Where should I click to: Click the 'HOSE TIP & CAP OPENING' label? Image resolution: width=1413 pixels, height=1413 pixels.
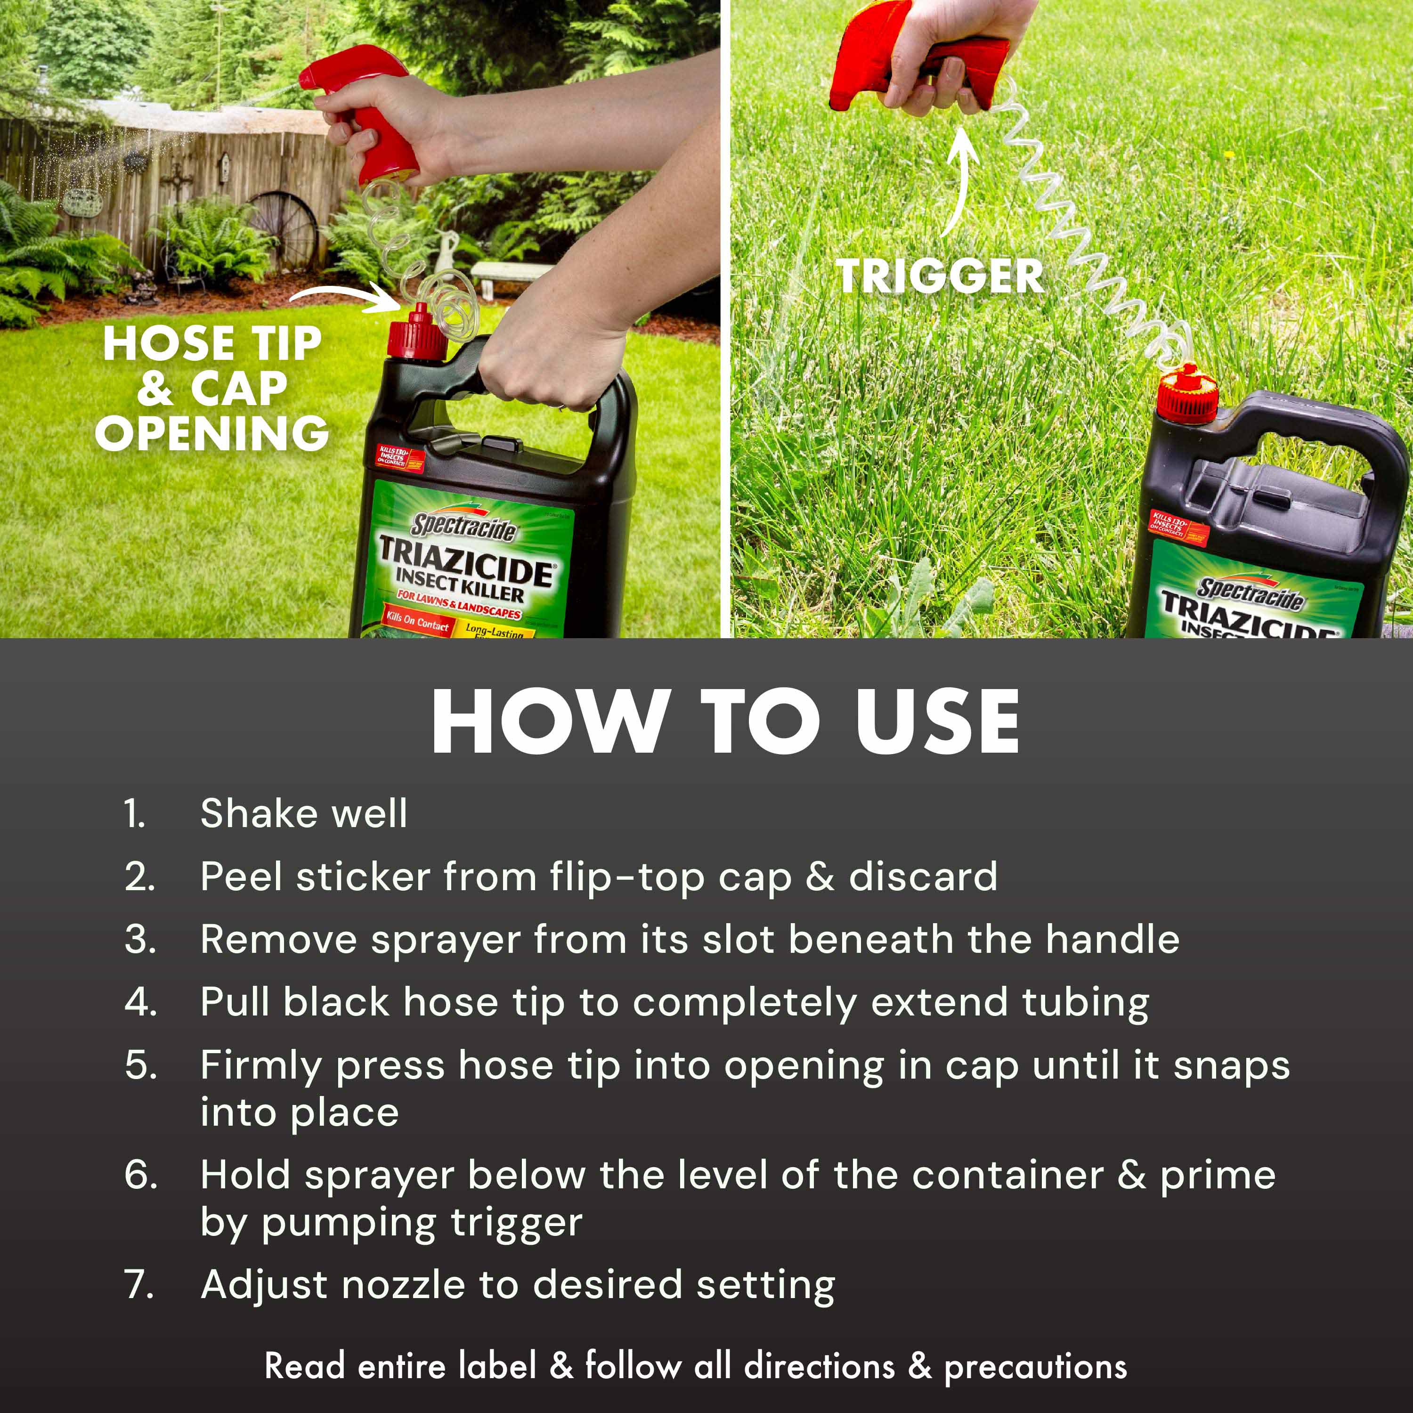pyautogui.click(x=211, y=389)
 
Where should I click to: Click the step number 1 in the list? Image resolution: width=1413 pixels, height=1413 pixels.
pyautogui.click(x=135, y=814)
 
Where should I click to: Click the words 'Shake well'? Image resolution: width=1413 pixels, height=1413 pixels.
pyautogui.click(x=303, y=814)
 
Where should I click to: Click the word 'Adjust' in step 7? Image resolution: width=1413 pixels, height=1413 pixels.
pyautogui.click(x=263, y=1285)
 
